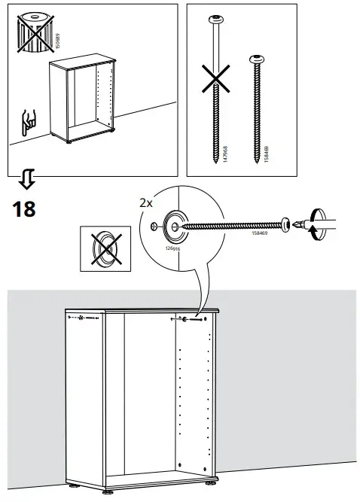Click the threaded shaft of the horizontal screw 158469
click(x=233, y=224)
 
